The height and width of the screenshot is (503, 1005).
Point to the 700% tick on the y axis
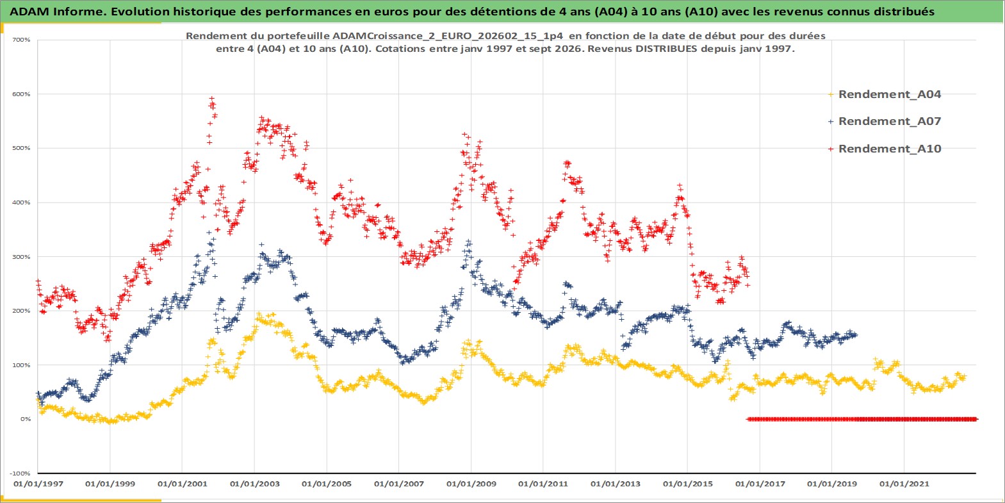[21, 40]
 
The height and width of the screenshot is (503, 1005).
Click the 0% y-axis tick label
[26, 419]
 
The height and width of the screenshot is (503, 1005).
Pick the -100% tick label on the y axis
[20, 474]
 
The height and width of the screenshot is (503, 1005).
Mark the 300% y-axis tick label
[21, 257]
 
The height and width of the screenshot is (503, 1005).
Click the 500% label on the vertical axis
[21, 148]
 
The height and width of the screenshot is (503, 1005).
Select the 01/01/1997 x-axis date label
[38, 484]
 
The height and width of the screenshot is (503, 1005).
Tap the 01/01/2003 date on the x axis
[254, 484]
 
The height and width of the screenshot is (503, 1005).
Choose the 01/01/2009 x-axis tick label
[471, 484]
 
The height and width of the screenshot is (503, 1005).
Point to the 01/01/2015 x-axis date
[687, 484]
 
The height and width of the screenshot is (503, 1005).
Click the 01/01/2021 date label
[904, 484]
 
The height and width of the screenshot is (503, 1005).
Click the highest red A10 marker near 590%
[212, 98]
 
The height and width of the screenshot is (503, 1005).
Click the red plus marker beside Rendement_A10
[831, 149]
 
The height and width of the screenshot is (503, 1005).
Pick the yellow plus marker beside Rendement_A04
[831, 95]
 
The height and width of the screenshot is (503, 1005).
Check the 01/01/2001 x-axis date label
[182, 484]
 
